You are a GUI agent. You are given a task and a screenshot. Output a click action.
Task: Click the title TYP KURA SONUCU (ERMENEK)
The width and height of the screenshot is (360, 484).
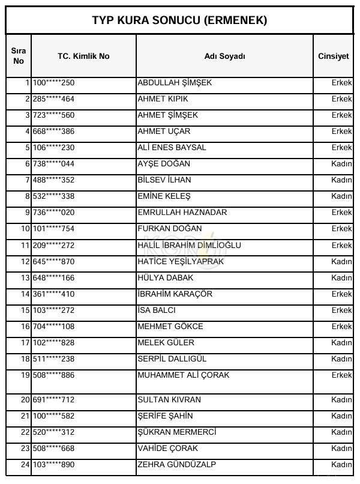coord(179,20)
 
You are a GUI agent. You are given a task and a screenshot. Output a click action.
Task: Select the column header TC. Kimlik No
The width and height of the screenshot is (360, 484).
coord(83,56)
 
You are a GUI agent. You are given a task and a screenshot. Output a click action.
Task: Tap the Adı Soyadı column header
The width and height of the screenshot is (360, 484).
coord(224,56)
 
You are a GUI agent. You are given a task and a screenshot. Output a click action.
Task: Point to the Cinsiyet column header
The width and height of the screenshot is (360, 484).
coord(334,56)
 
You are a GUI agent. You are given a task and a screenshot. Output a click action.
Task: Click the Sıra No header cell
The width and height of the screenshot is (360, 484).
coord(19,56)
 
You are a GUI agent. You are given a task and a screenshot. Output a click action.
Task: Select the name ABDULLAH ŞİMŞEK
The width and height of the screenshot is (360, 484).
coord(175,83)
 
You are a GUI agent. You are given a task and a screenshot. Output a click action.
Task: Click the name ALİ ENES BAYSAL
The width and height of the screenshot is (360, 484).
coord(172,148)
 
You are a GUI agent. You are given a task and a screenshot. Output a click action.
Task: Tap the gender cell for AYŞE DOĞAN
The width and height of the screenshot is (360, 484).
coord(341,164)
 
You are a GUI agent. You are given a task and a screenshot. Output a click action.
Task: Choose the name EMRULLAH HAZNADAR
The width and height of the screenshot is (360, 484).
coord(182,213)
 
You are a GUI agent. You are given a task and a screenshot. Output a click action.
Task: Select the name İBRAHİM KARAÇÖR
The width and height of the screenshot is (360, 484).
coord(175,294)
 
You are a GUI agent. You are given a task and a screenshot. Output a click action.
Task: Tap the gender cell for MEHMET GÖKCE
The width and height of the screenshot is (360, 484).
coord(341,327)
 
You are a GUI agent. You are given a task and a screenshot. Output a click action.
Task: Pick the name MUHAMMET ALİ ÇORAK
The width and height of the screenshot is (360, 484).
coord(184,375)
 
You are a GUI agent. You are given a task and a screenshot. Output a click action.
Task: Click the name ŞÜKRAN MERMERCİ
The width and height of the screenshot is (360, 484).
coord(177,432)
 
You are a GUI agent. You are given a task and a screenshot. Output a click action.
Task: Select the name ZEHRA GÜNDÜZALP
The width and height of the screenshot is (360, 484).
coord(177,465)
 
